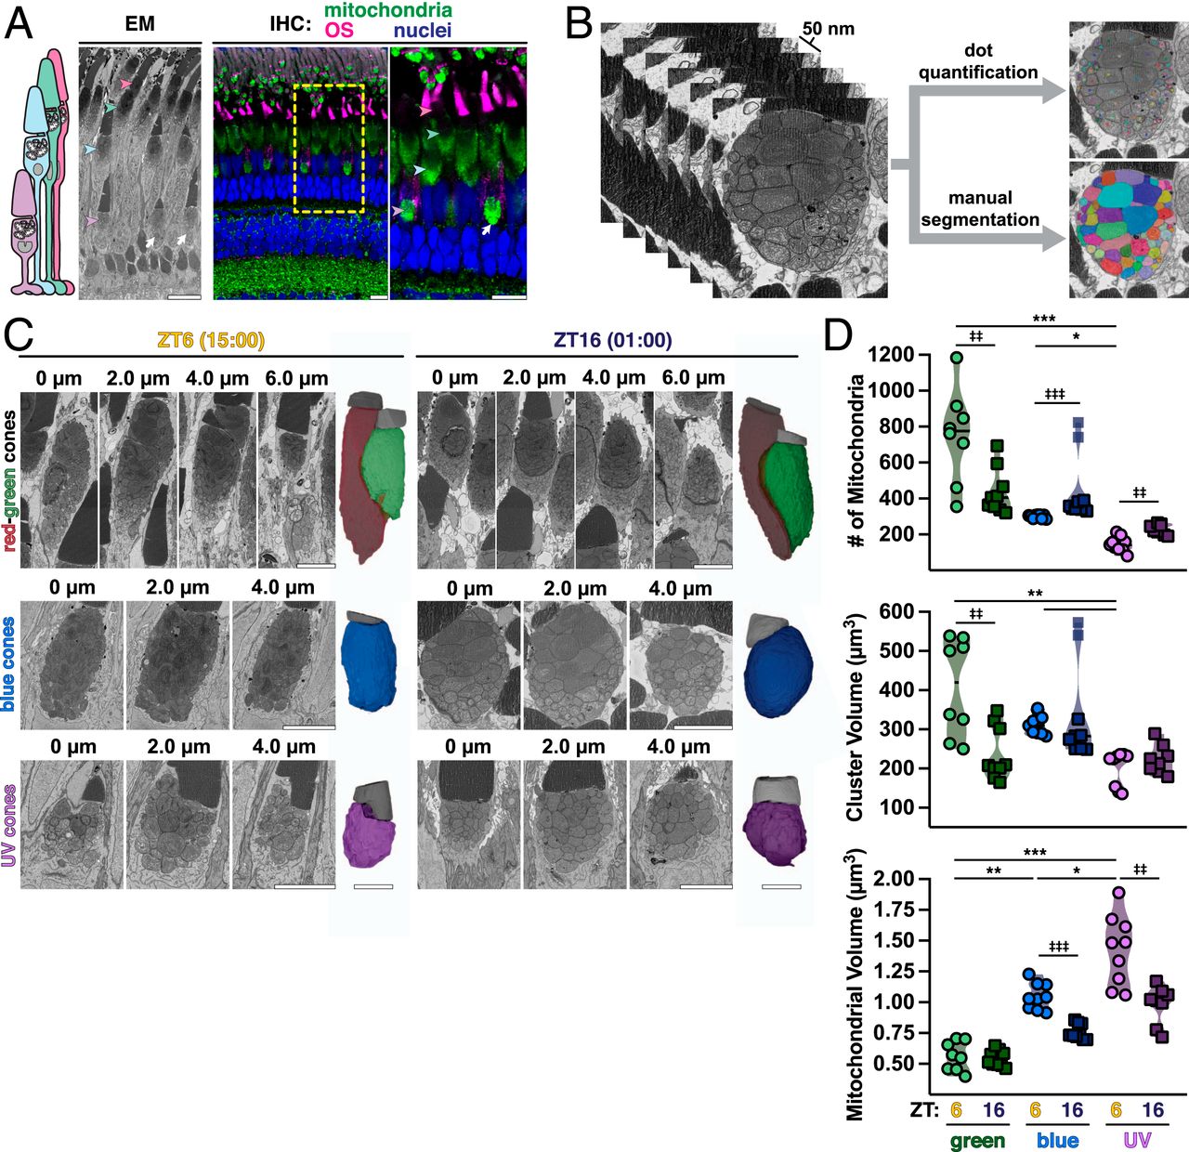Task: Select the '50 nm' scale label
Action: click(828, 29)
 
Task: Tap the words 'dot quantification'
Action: click(978, 61)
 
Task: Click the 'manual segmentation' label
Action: click(979, 208)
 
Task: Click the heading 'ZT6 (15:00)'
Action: click(211, 340)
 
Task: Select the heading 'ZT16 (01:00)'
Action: click(612, 340)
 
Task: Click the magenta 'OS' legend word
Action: click(339, 31)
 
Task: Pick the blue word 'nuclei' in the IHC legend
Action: click(422, 31)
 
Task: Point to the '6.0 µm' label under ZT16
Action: click(692, 378)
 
